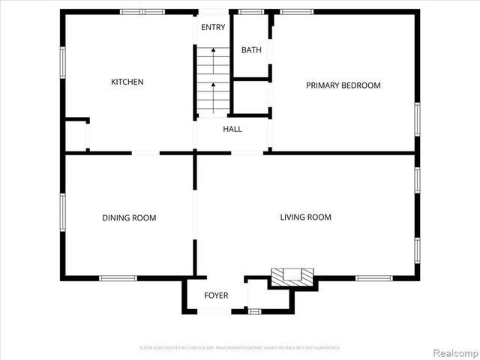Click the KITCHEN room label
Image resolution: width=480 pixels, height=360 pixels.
point(127,82)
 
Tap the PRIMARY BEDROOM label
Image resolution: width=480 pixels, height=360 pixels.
point(343,85)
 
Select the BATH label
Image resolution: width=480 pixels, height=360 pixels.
point(251,50)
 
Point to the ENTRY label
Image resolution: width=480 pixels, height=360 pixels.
point(213,28)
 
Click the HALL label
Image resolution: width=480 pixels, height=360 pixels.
point(232,129)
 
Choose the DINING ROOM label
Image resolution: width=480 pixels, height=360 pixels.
point(129,218)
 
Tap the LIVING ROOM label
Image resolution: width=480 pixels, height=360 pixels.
point(305,217)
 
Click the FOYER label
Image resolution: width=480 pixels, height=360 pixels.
point(216,295)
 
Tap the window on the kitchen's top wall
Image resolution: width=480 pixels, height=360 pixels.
point(142,11)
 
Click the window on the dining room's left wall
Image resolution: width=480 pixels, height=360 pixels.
point(63,213)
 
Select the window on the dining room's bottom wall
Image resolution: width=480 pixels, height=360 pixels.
point(118,278)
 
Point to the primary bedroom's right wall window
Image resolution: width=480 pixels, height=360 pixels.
point(417,120)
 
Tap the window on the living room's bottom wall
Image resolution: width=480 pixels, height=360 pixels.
point(373,278)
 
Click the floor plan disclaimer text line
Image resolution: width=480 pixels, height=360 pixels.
point(240,348)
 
